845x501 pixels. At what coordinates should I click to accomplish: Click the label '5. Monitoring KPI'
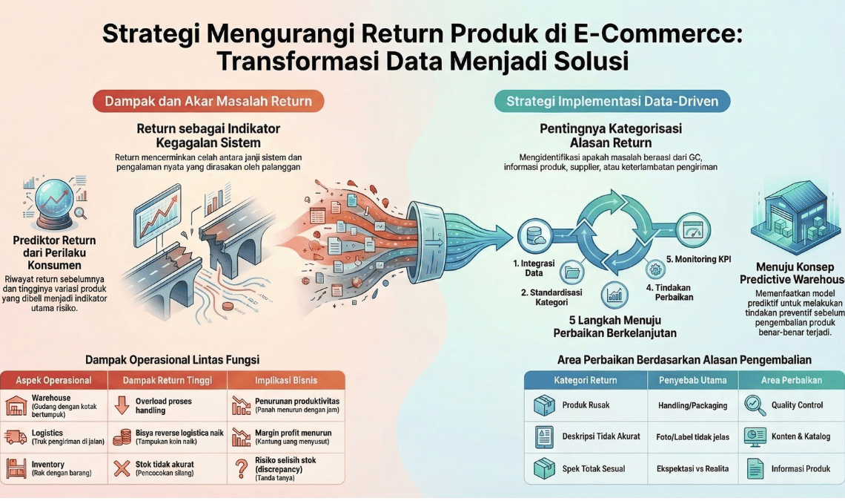699,259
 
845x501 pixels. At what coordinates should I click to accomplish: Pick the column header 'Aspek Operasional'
54,381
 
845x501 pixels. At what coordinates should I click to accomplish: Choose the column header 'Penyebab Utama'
692,380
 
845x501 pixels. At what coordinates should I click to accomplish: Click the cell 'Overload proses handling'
163,405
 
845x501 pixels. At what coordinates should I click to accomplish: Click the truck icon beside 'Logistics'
16,437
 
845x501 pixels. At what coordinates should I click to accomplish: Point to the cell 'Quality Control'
797,405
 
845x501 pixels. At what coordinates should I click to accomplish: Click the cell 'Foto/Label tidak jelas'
693,436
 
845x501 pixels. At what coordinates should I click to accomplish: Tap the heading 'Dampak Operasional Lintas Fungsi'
172,359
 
